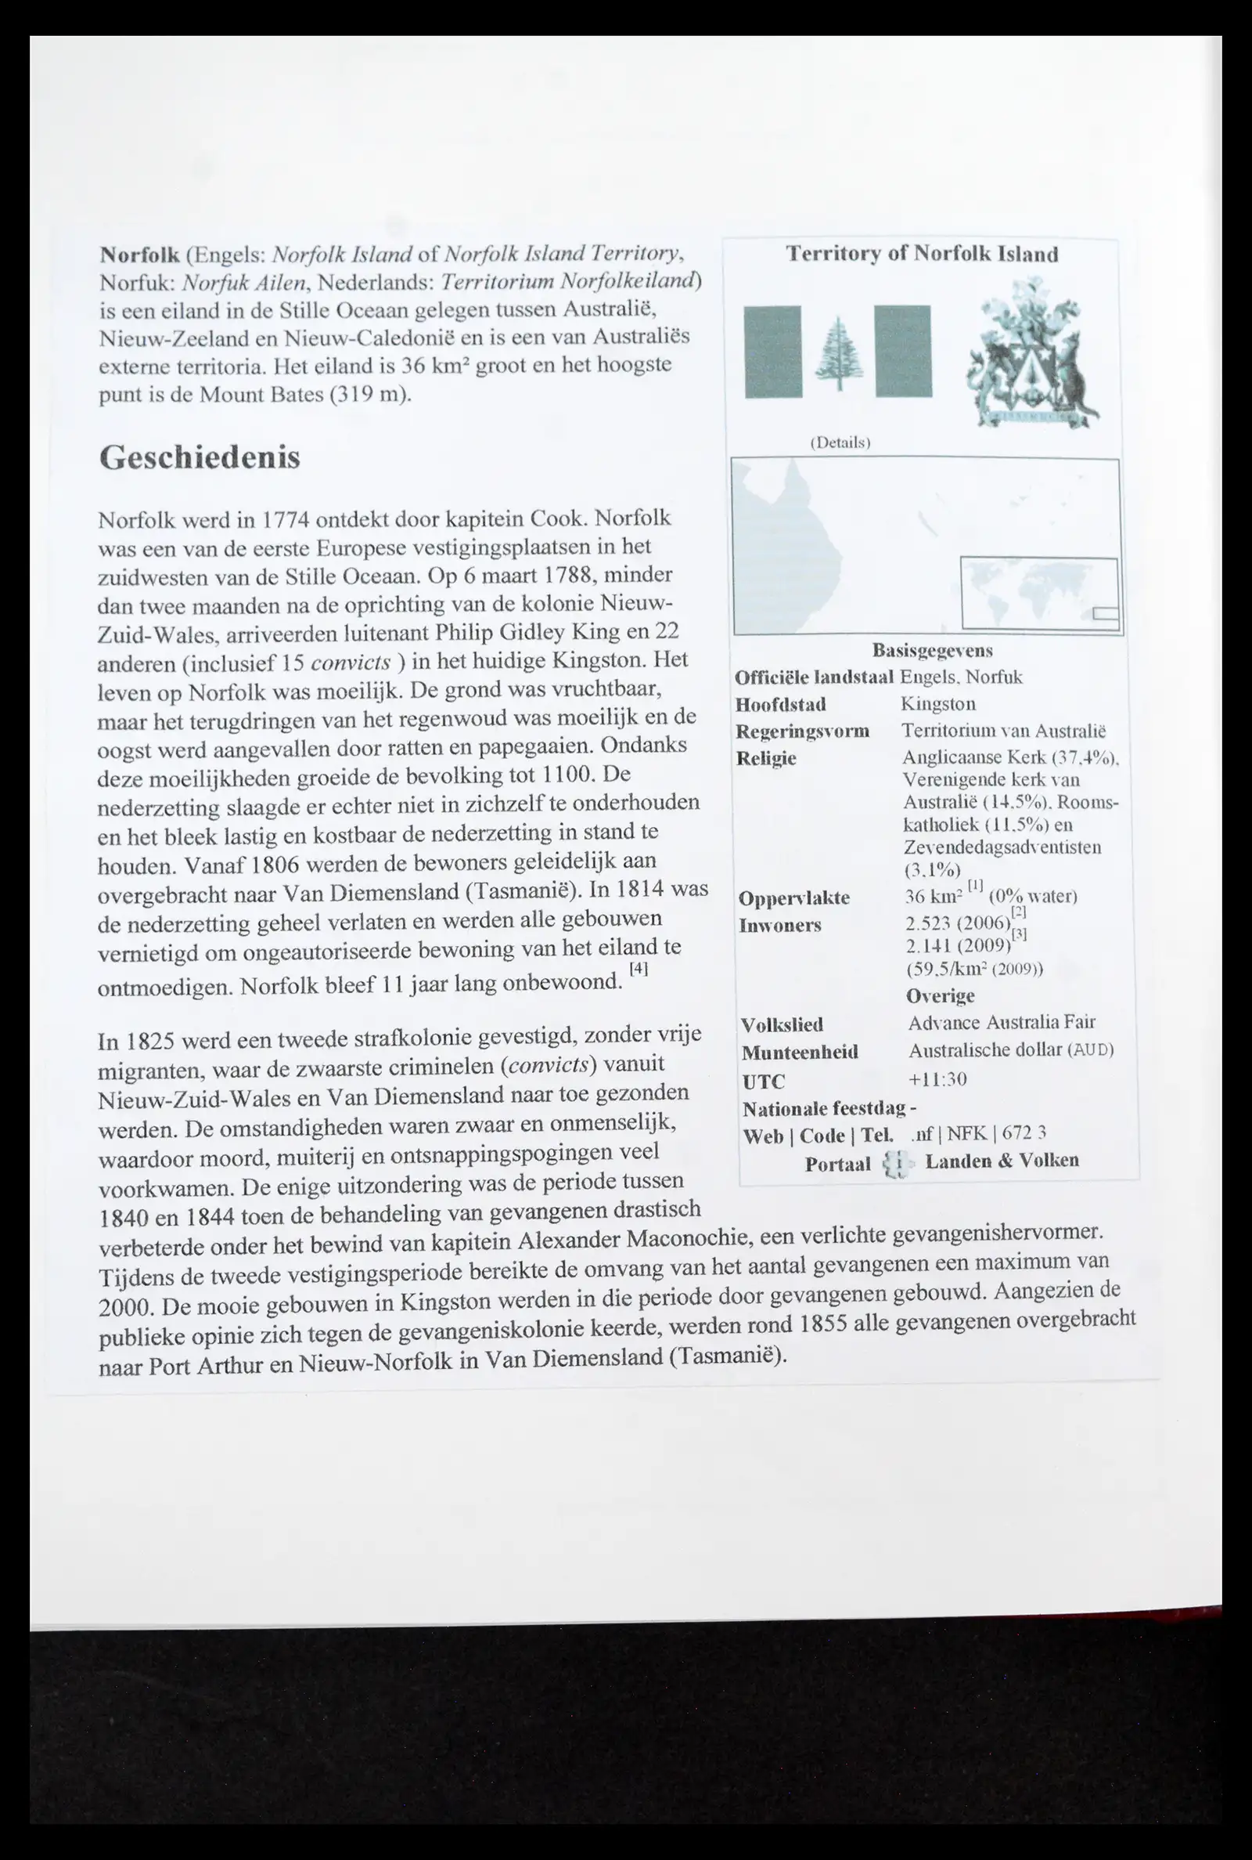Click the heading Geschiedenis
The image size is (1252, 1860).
click(200, 458)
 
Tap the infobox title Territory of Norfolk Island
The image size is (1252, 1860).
click(922, 254)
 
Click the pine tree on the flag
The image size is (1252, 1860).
click(838, 352)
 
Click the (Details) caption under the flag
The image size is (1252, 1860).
click(840, 442)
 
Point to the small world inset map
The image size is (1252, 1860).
click(1039, 593)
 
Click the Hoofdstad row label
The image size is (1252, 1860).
click(780, 705)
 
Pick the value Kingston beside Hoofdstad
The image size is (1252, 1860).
click(937, 704)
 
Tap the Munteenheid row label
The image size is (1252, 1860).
click(799, 1053)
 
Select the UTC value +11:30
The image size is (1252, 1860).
click(937, 1079)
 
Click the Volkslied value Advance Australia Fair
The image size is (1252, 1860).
click(1002, 1023)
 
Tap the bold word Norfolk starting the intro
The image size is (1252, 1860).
click(139, 255)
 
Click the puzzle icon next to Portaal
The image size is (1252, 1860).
click(897, 1164)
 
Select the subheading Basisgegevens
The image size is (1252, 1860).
click(932, 650)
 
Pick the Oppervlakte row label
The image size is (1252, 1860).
click(793, 898)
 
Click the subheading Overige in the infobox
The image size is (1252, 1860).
click(940, 996)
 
